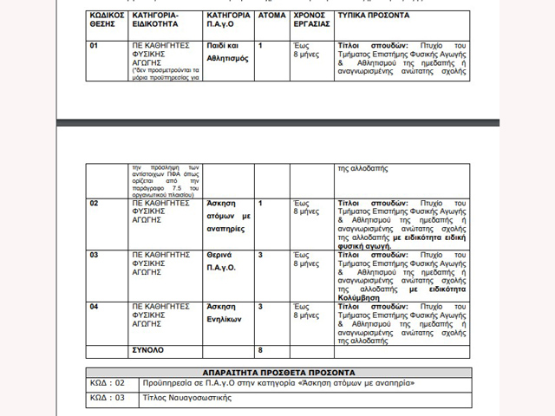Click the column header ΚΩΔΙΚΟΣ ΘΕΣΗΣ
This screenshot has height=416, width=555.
[x=107, y=20]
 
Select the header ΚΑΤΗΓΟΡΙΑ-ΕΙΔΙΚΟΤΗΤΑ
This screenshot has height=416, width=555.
[x=155, y=20]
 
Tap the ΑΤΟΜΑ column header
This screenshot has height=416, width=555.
[x=271, y=16]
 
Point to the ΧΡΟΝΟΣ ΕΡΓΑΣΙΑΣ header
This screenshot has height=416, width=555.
[x=310, y=20]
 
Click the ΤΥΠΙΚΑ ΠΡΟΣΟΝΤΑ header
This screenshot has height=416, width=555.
[x=374, y=16]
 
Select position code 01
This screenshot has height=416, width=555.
[x=95, y=42]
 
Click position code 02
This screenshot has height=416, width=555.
[x=95, y=203]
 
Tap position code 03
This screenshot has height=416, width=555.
[x=95, y=255]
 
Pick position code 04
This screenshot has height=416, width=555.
[x=95, y=307]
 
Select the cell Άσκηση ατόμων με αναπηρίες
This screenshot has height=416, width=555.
[x=229, y=216]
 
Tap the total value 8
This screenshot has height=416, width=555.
[x=259, y=349]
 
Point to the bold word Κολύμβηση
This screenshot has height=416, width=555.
[x=360, y=296]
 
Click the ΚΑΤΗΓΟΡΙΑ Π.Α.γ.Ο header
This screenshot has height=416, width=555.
[x=229, y=20]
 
